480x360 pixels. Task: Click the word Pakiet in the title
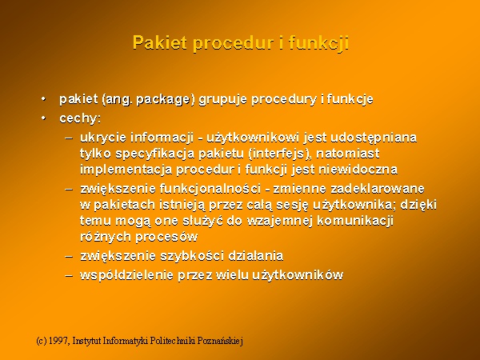coord(159,42)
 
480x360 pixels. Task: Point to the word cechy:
coord(80,118)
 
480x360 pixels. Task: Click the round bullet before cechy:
coord(43,118)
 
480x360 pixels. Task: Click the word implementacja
coord(126,170)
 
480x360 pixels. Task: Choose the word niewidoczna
coord(358,170)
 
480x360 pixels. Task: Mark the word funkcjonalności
coord(210,189)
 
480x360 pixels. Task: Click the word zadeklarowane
coord(378,189)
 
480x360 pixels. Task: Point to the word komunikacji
coord(355,221)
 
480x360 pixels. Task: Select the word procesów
coord(166,237)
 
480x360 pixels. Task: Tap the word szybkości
coord(192,256)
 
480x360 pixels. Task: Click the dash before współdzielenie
coord(69,275)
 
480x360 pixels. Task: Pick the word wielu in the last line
coord(232,275)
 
